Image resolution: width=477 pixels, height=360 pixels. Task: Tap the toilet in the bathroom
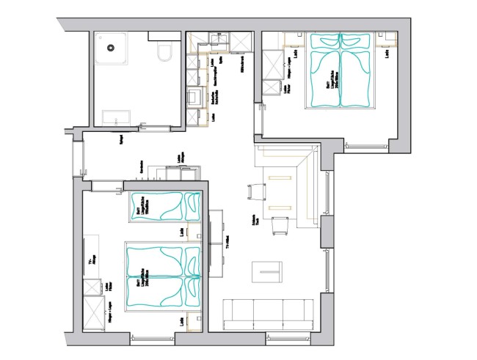click(166, 52)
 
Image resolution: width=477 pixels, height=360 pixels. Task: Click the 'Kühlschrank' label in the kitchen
click(241, 67)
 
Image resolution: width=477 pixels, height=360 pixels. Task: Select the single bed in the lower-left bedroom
click(165, 207)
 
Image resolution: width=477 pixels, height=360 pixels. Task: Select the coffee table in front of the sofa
click(269, 272)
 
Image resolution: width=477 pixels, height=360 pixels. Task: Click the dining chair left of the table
click(256, 191)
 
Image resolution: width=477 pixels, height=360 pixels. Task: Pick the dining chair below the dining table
click(280, 227)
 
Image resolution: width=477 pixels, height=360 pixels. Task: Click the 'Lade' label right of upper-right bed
click(386, 54)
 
